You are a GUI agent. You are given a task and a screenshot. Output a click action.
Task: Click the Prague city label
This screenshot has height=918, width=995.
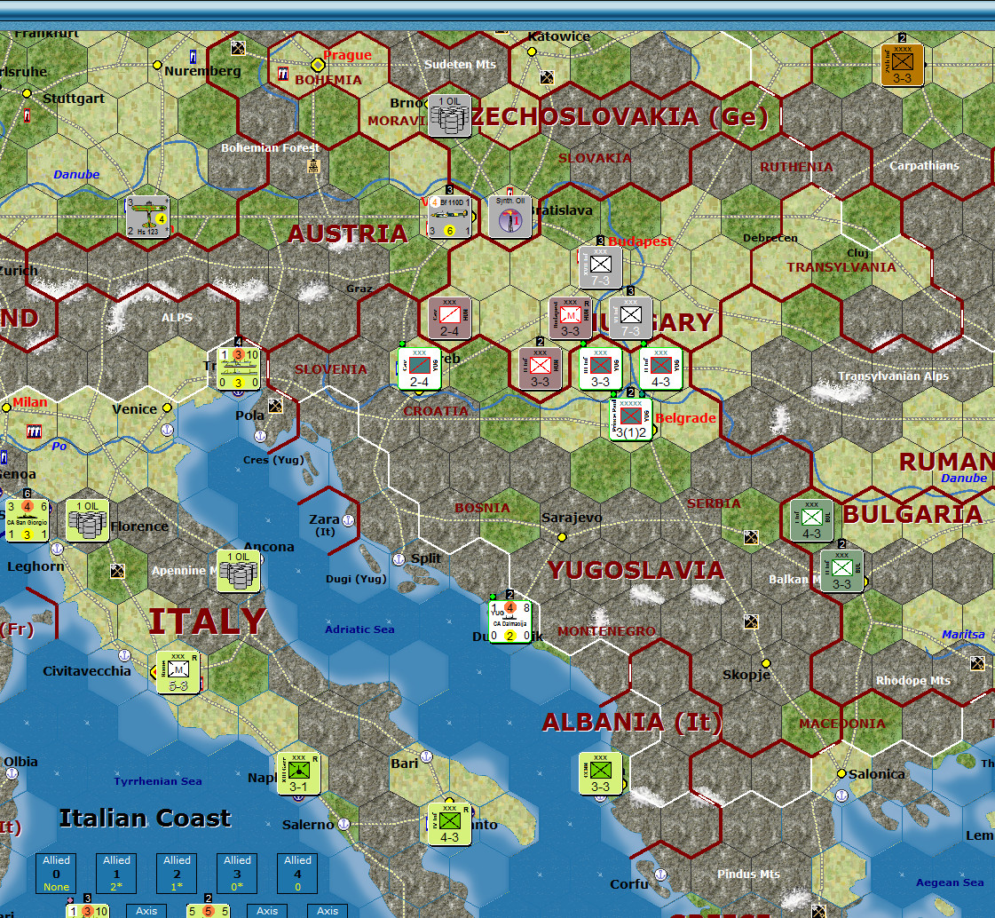pyautogui.click(x=347, y=55)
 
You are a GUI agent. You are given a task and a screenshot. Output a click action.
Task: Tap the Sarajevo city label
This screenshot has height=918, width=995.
pyautogui.click(x=573, y=518)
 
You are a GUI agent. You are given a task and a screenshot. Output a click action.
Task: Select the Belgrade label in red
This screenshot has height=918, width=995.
pyautogui.click(x=685, y=418)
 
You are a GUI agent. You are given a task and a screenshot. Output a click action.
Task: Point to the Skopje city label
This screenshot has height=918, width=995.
pyautogui.click(x=746, y=675)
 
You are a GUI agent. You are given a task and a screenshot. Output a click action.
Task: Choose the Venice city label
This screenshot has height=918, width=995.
pyautogui.click(x=134, y=409)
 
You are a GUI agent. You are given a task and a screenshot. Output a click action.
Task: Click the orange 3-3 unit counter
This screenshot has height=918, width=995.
pyautogui.click(x=903, y=65)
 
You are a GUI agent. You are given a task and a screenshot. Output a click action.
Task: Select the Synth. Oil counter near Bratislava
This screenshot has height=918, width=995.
pyautogui.click(x=509, y=217)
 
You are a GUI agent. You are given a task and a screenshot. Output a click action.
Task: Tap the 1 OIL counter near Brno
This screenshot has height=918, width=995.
pyautogui.click(x=449, y=115)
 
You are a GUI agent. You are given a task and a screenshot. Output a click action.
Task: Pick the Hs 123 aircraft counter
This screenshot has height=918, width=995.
pyautogui.click(x=147, y=218)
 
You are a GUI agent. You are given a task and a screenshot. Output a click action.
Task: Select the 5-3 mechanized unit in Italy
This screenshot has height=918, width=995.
pyautogui.click(x=178, y=671)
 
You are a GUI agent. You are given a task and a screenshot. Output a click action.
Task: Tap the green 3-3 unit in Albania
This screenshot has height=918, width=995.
pyautogui.click(x=600, y=774)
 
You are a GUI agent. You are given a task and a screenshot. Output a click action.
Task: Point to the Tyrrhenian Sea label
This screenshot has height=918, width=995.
pyautogui.click(x=157, y=781)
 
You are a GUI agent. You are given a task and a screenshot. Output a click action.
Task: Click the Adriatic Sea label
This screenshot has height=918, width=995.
pyautogui.click(x=359, y=629)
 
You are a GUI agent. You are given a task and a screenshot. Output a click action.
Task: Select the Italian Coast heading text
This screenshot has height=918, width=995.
pyautogui.click(x=145, y=818)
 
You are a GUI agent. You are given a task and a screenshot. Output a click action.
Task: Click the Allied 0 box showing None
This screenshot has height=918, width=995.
pyautogui.click(x=56, y=874)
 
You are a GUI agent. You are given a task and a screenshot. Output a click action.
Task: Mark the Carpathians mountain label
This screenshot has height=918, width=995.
pyautogui.click(x=924, y=166)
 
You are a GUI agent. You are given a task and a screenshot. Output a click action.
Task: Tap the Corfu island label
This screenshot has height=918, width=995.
pyautogui.click(x=628, y=884)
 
